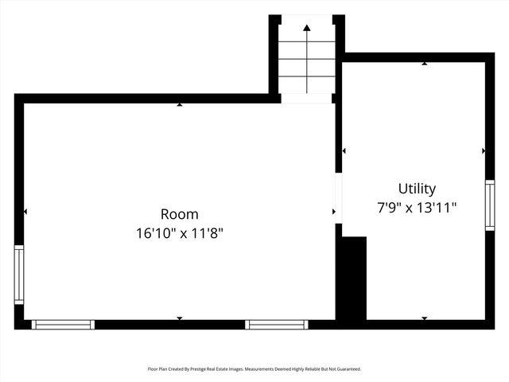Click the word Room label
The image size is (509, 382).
tap(180, 214)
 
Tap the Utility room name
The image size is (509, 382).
tap(417, 189)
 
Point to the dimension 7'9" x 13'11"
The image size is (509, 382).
tap(417, 208)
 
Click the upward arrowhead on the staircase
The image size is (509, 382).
tap(307, 28)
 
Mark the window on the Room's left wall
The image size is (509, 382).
tap(19, 275)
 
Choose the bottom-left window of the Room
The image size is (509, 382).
tap(63, 324)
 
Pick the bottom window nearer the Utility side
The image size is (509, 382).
tap(276, 324)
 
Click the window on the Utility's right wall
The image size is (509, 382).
tap(490, 205)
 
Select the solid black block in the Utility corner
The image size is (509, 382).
tap(352, 278)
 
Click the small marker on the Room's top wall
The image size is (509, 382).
tap(180, 104)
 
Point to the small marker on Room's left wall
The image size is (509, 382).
tap(25, 212)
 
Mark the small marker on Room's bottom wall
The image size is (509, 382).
tap(180, 318)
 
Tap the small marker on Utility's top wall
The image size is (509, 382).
tap(424, 64)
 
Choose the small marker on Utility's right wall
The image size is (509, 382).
tap(484, 150)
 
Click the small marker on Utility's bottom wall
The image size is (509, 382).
tap(424, 318)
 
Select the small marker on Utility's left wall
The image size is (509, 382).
tap(344, 150)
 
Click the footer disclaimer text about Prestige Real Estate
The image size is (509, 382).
tap(254, 369)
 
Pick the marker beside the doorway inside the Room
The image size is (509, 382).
tap(333, 212)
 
